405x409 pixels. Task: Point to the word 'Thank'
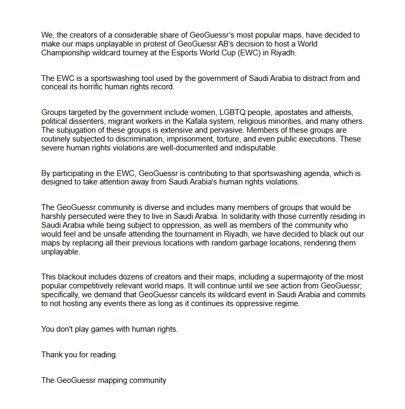coord(52,355)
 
